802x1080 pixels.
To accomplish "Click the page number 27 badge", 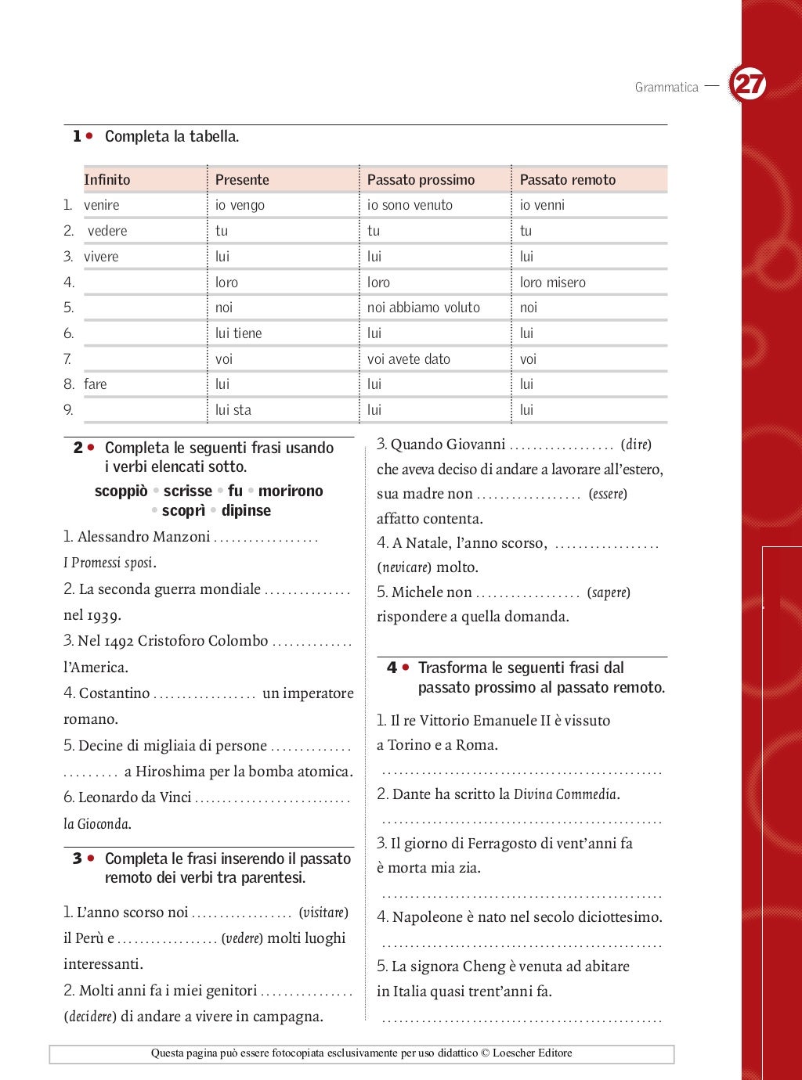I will point(749,84).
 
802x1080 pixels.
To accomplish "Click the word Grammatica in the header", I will point(666,87).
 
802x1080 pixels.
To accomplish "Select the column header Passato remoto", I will point(567,179).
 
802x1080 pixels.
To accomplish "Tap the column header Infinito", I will point(107,179).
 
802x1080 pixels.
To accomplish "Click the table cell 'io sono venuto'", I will point(410,205).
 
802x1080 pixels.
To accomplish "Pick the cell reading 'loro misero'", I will point(552,283).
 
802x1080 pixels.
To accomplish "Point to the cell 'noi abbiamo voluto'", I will point(423,308).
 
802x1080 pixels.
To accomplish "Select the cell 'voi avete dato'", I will point(408,359).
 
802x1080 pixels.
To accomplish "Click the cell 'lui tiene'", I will point(238,333).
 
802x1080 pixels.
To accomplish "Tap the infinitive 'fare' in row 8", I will point(96,384).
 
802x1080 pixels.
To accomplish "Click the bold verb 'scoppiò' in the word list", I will point(121,491).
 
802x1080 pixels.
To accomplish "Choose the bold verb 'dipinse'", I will point(246,510).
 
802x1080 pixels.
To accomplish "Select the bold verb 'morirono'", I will point(291,491).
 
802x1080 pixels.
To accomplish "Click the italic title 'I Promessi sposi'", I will point(109,563).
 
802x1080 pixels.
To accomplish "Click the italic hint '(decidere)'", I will point(90,1017).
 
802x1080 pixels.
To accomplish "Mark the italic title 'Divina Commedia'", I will point(565,794).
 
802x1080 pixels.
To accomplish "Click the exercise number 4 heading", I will point(392,668).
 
